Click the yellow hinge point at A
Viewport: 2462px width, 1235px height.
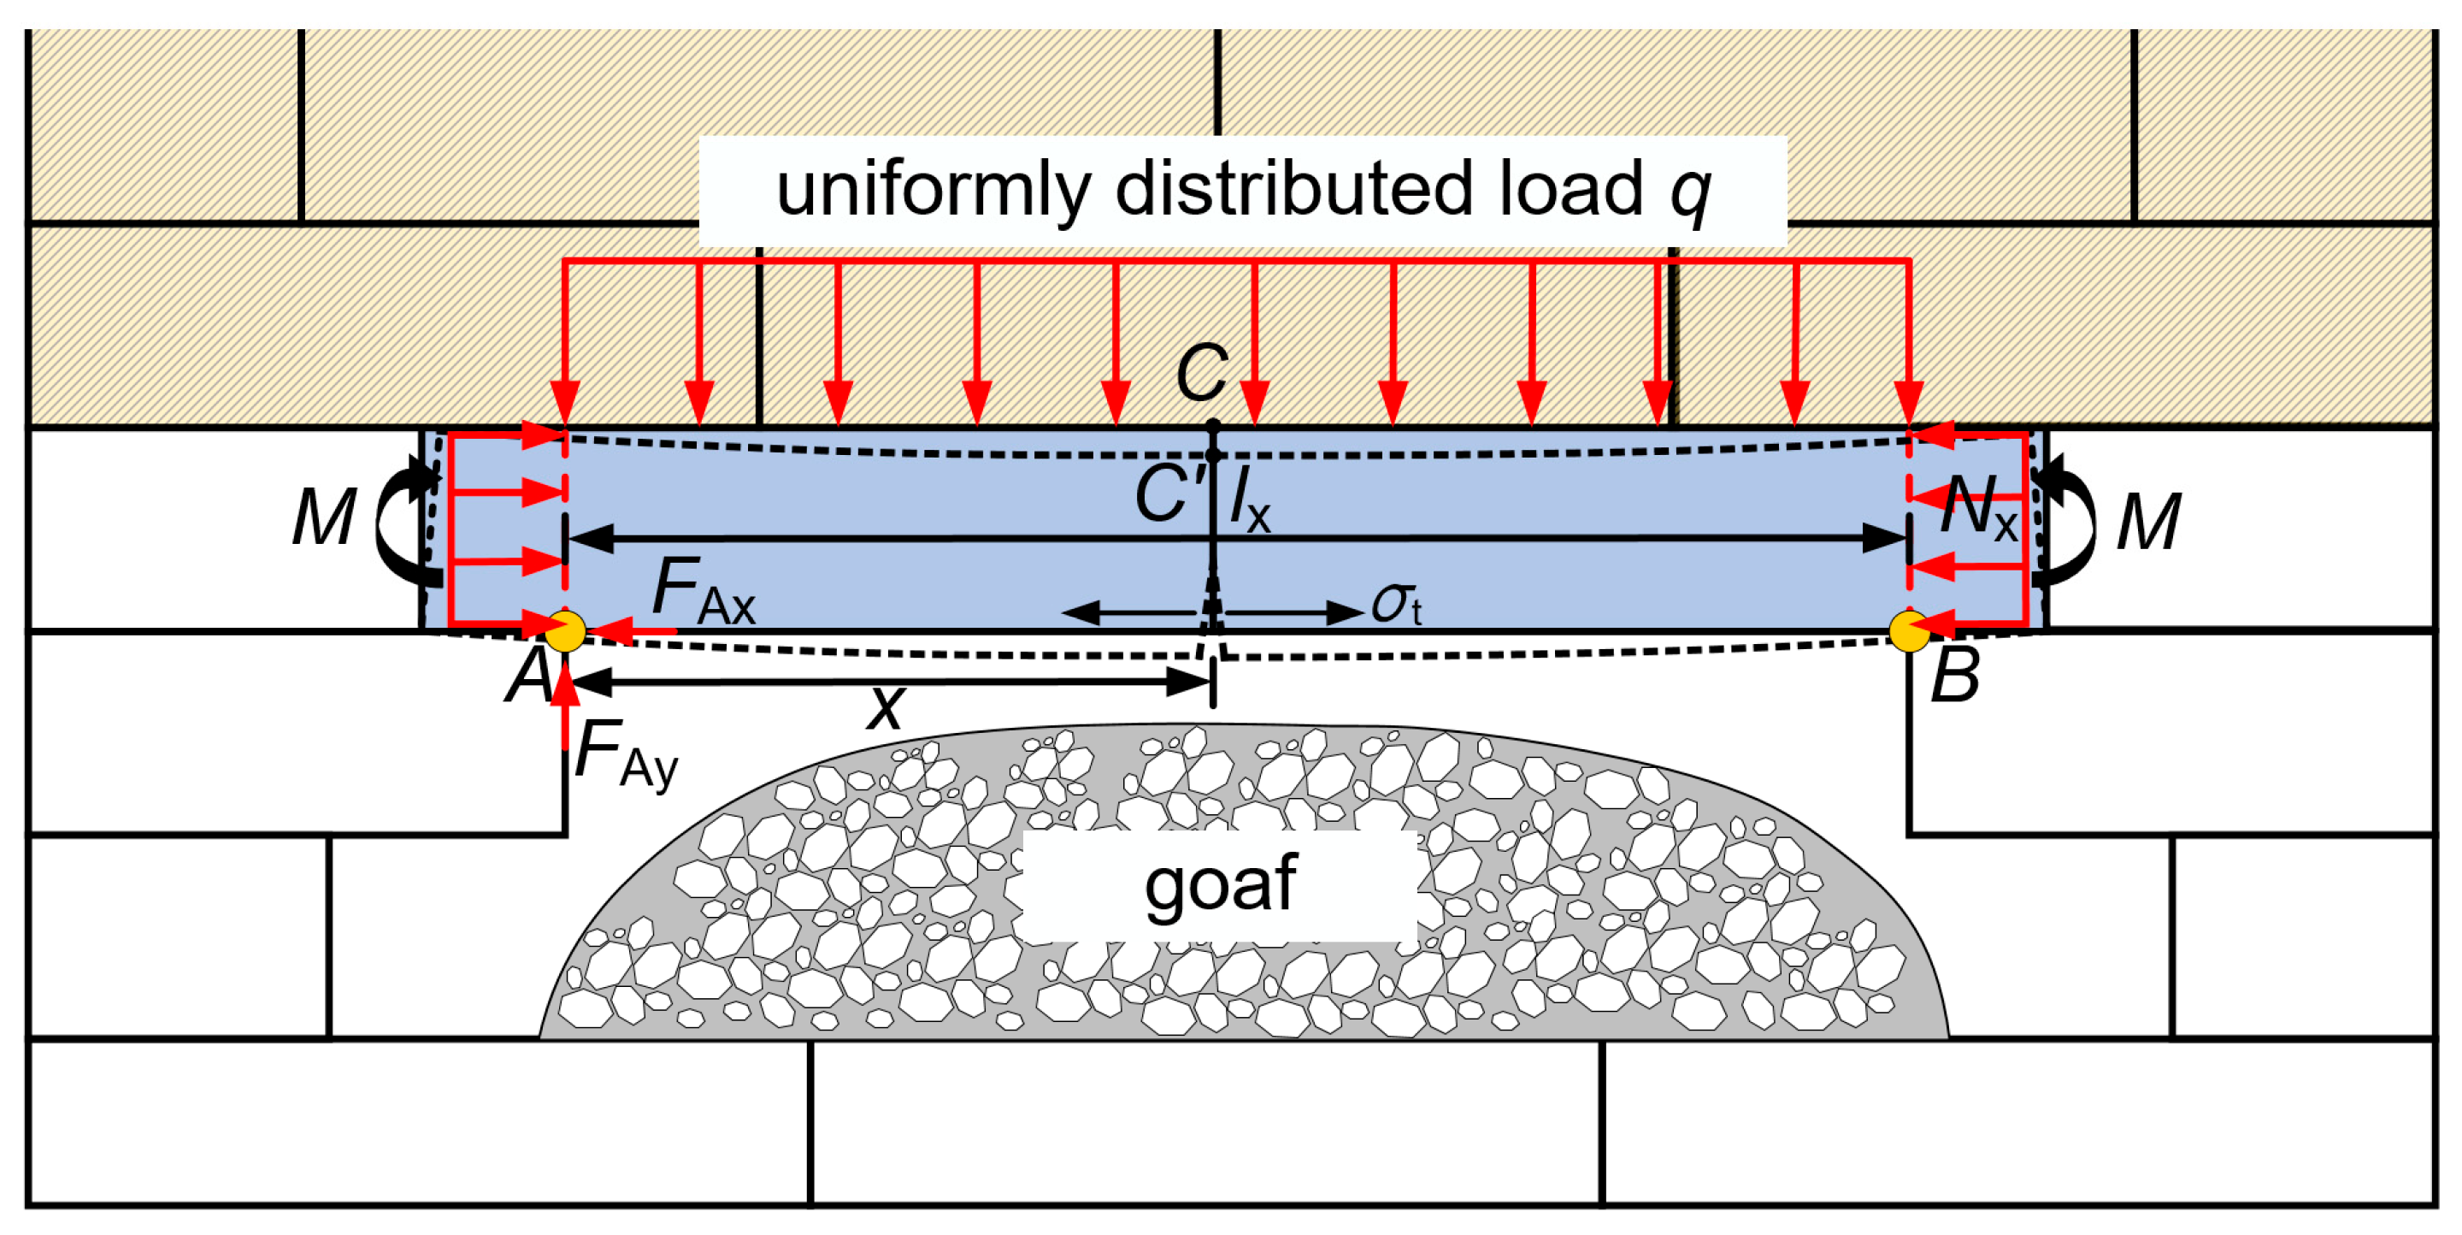coord(566,632)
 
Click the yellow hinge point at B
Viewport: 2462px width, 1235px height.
coord(1909,632)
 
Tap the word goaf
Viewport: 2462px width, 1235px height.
coord(1220,884)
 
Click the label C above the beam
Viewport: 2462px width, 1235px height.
coord(1201,373)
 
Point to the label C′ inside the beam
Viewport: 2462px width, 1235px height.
coord(1168,494)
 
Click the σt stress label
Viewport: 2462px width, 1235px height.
coord(1396,604)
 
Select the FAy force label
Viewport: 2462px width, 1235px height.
coord(626,754)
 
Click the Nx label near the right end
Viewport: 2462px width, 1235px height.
coord(1977,506)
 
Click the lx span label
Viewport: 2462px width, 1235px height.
coord(1249,501)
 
